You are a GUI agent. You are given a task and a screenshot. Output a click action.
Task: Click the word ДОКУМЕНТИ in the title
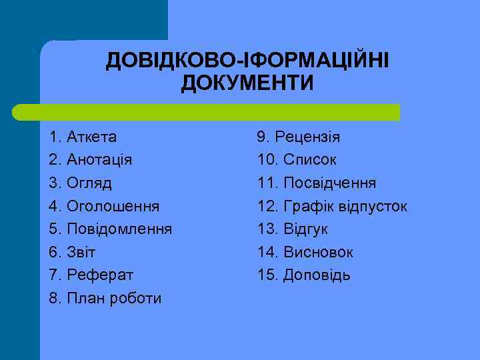pyautogui.click(x=247, y=85)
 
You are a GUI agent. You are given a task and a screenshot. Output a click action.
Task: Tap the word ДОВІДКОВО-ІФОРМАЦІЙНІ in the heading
pyautogui.click(x=247, y=62)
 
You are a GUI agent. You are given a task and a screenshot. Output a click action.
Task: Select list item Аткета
pyautogui.click(x=91, y=137)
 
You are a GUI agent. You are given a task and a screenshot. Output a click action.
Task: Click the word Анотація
pyautogui.click(x=99, y=160)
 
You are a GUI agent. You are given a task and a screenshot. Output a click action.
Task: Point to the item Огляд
pyautogui.click(x=89, y=183)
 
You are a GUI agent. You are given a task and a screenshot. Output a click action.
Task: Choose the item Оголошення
pyautogui.click(x=113, y=206)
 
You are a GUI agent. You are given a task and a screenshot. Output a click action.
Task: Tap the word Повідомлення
pyautogui.click(x=119, y=229)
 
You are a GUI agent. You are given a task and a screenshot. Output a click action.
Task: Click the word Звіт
pyautogui.click(x=81, y=252)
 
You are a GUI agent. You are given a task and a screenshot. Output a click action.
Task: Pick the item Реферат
pyautogui.click(x=100, y=275)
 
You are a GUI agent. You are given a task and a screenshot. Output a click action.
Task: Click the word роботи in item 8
pyautogui.click(x=137, y=298)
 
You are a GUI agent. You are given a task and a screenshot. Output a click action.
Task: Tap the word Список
pyautogui.click(x=310, y=160)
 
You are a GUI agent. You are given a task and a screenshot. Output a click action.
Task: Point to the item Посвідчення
pyautogui.click(x=330, y=183)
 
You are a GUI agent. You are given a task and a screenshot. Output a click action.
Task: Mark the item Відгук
pyautogui.click(x=306, y=229)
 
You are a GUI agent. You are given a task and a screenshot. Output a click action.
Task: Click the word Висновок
pyautogui.click(x=319, y=252)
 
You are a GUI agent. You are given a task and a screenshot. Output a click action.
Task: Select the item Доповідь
pyautogui.click(x=317, y=275)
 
